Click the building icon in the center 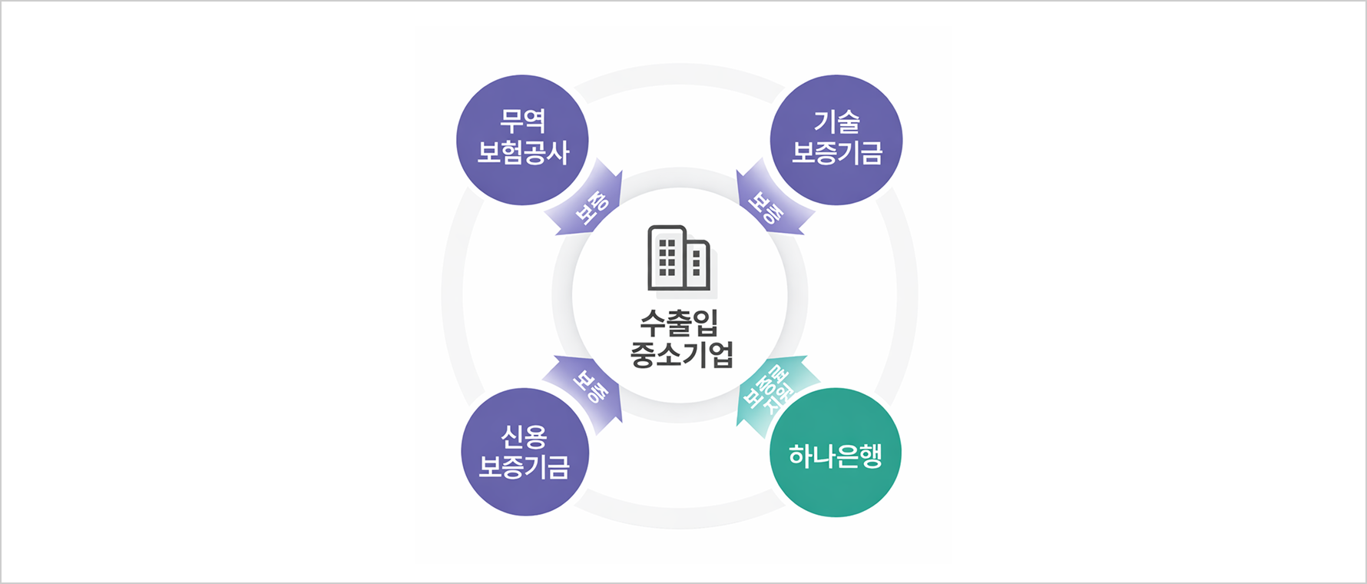point(679,258)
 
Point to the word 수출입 point(680,323)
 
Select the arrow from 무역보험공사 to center point(585,200)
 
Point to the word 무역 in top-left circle point(523,121)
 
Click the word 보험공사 point(523,152)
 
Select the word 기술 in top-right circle point(836,121)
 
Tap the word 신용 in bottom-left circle point(525,436)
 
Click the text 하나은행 point(836,456)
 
